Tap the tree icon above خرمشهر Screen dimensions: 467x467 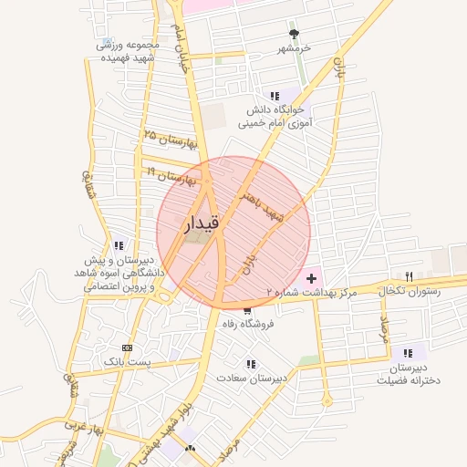click(x=294, y=33)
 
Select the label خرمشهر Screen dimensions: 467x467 click(x=294, y=47)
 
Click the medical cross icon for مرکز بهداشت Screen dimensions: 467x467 click(x=312, y=276)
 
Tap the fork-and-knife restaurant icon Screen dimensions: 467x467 click(x=409, y=276)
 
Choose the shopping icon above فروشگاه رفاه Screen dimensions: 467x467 click(x=248, y=310)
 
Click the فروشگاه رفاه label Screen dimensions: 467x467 click(x=248, y=324)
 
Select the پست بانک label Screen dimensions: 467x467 click(x=126, y=361)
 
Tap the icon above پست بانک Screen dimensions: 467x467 click(x=126, y=348)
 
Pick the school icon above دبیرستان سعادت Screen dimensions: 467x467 click(x=251, y=363)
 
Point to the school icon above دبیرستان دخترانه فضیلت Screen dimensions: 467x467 click(x=407, y=353)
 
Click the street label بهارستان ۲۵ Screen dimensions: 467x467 click(x=171, y=140)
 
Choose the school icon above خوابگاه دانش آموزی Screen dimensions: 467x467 click(x=274, y=96)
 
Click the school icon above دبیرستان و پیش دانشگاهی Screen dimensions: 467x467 click(x=119, y=245)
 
